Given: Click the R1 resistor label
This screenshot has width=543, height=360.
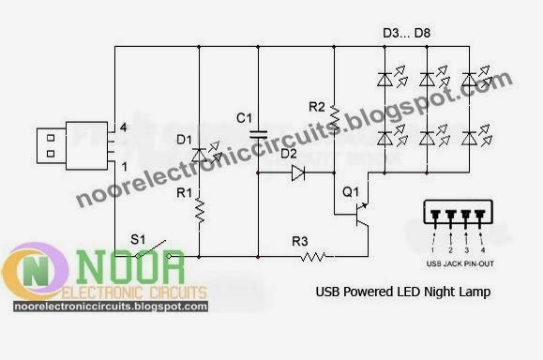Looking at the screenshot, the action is click(184, 195).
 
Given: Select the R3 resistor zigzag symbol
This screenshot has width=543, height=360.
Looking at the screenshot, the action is click(312, 255).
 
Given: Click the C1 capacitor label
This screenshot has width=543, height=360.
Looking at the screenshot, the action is click(244, 118).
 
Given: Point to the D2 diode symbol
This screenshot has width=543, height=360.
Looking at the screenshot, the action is click(297, 172).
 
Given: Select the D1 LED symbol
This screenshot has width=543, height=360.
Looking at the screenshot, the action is click(200, 153).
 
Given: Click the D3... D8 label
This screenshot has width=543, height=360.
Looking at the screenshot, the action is click(406, 35).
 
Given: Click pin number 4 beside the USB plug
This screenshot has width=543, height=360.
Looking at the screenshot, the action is click(120, 127).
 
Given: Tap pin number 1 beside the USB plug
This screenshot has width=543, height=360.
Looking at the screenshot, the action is click(120, 166).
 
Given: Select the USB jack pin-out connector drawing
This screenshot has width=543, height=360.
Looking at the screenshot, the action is click(458, 215).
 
